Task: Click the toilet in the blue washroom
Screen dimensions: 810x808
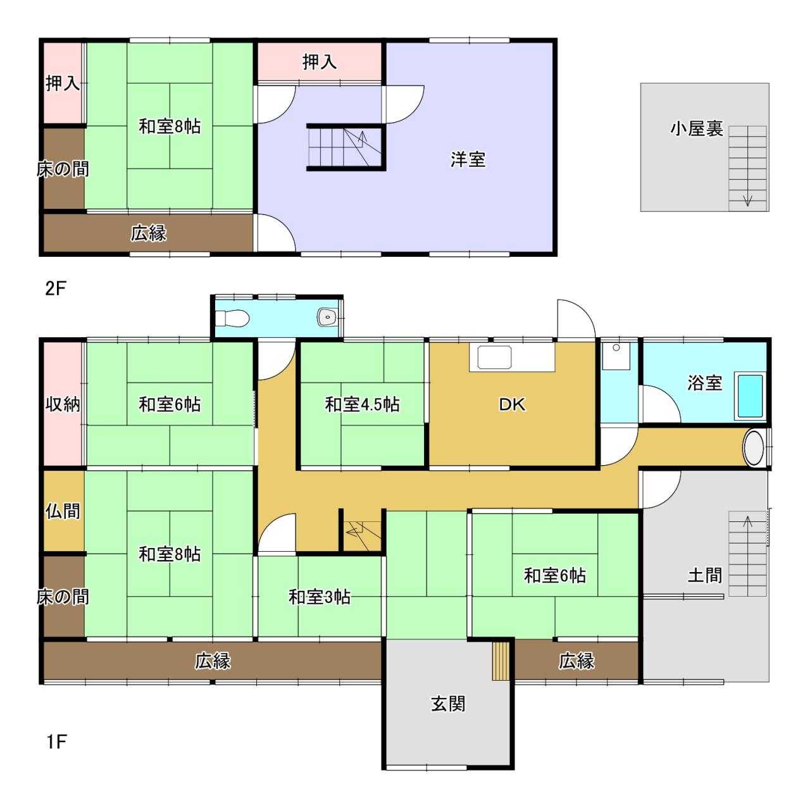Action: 232,318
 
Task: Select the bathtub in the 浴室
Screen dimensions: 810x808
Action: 750,395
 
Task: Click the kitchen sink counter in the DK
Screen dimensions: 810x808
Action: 511,357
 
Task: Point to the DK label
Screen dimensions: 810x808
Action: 511,404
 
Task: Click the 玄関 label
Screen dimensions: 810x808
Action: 448,704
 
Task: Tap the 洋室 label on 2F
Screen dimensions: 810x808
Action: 468,159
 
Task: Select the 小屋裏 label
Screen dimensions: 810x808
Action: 697,128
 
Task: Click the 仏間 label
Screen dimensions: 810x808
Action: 63,511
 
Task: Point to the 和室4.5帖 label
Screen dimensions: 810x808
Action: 362,404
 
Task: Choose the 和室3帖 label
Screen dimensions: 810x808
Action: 320,597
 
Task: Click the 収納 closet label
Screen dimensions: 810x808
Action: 63,404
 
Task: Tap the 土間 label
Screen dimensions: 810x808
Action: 704,575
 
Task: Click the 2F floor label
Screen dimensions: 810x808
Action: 56,289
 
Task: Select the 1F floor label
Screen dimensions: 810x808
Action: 56,742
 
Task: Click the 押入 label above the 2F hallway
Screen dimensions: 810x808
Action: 320,62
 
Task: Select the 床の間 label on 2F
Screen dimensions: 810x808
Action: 63,170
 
